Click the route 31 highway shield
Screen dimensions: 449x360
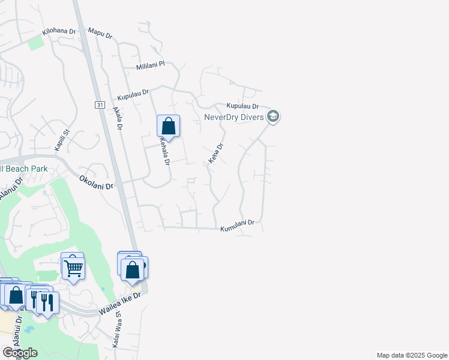[99, 104]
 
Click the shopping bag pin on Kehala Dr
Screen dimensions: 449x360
[169, 127]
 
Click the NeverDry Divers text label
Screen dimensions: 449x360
[234, 117]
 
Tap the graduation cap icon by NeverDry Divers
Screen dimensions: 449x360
[273, 116]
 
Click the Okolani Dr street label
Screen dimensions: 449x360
[97, 182]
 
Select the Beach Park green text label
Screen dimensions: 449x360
[24, 169]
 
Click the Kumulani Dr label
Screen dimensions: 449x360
[238, 226]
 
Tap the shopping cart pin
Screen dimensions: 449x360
[73, 269]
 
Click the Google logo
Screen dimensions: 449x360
[20, 353]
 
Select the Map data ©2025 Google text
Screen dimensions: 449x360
[411, 355]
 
